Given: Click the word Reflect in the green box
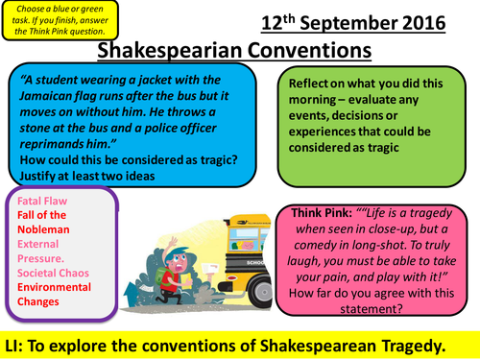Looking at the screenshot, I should [x=313, y=82].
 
